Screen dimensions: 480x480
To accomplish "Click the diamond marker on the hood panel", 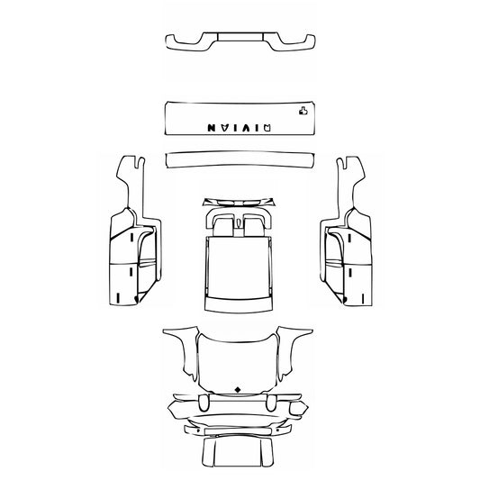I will [x=239, y=388].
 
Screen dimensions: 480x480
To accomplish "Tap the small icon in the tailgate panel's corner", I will [x=302, y=112].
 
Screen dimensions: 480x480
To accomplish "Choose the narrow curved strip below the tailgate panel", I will [x=239, y=159].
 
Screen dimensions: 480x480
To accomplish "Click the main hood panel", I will [x=239, y=360].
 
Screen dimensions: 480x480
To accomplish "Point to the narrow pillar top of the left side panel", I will [x=131, y=180].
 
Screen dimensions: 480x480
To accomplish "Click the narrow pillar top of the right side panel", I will [x=348, y=180].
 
